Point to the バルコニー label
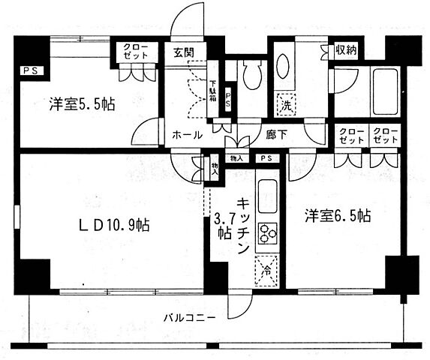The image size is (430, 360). tap(191, 318)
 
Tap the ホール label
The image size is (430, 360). tap(187, 135)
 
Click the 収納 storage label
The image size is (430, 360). tap(345, 51)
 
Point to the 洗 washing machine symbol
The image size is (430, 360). tap(286, 105)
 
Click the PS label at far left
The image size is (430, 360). tap(28, 72)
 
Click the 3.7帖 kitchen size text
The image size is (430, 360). tap(224, 226)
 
